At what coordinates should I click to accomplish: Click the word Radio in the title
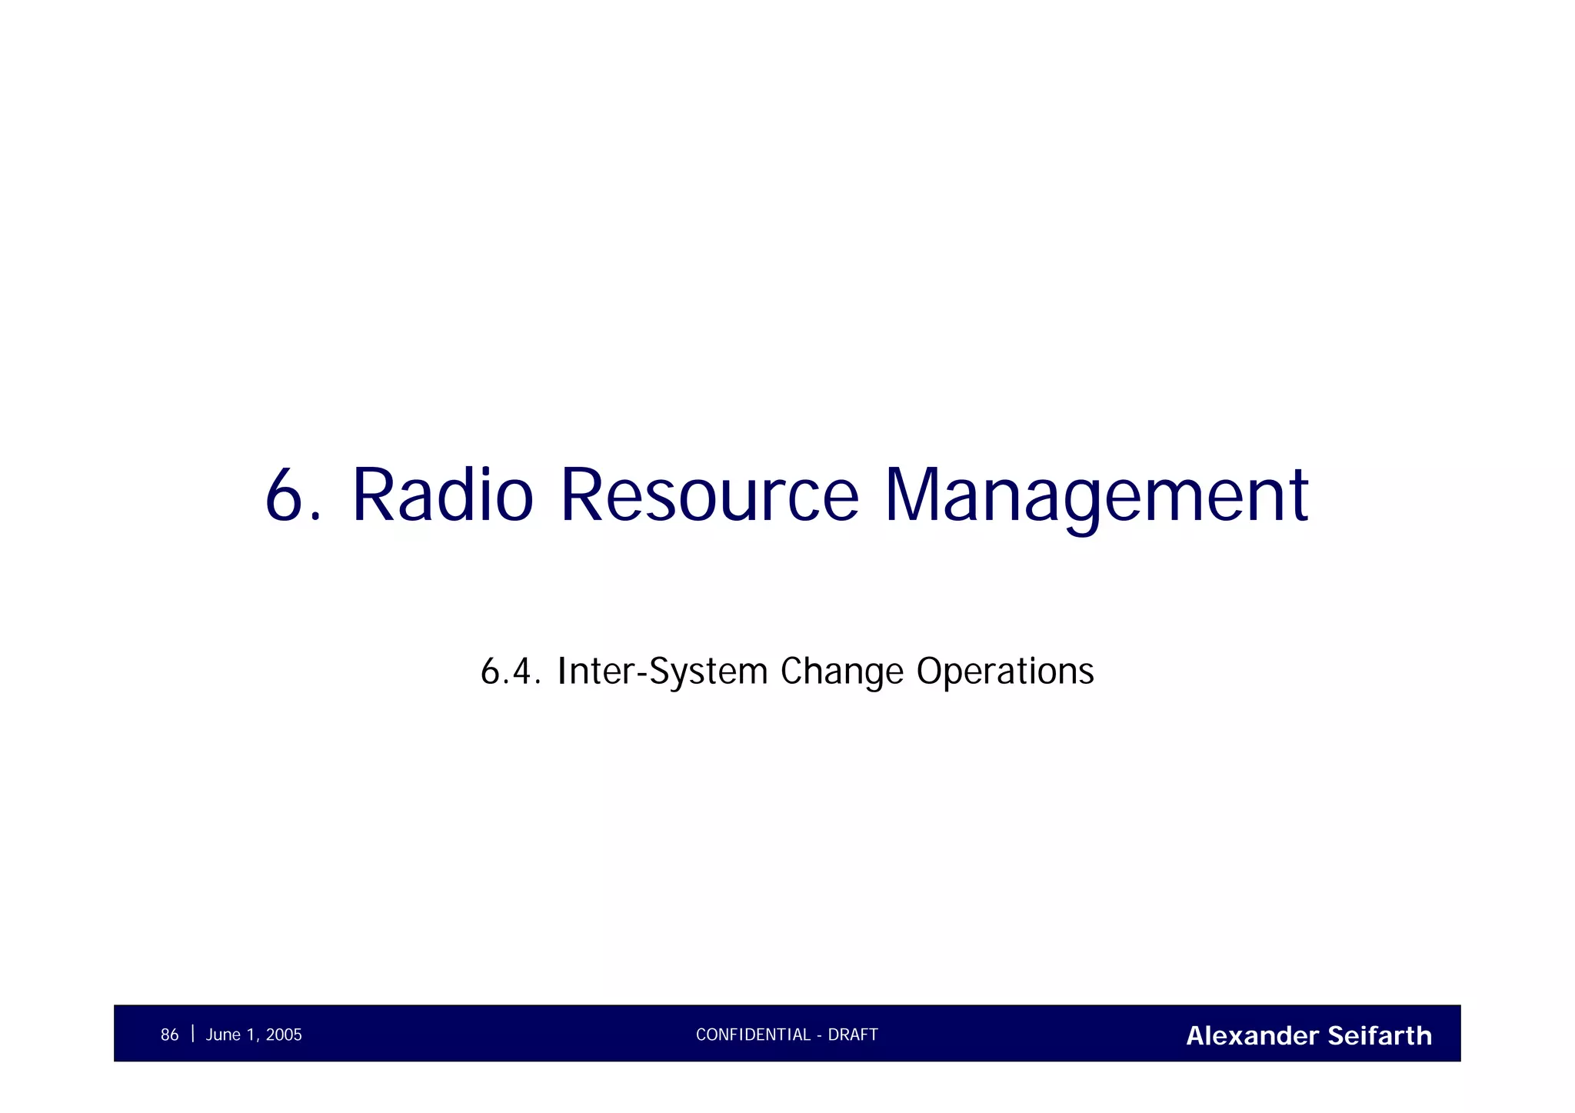click(442, 496)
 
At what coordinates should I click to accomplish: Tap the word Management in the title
click(1096, 496)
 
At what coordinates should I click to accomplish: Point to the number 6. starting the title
click(291, 496)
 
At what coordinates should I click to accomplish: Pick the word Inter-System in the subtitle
click(662, 671)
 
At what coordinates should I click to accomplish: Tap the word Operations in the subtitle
click(1005, 671)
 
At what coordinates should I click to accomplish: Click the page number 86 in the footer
click(169, 1035)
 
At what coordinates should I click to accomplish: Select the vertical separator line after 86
click(192, 1034)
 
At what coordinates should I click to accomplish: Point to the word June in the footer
click(223, 1035)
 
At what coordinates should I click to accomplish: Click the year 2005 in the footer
click(284, 1035)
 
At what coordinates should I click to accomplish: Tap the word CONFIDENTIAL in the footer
click(753, 1035)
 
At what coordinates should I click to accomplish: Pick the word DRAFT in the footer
click(853, 1035)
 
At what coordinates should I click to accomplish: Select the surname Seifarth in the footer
click(1380, 1036)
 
